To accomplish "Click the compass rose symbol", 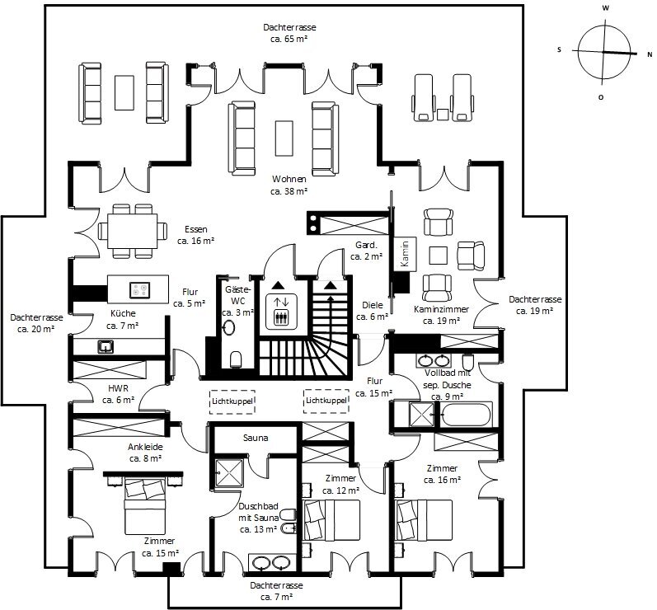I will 606,51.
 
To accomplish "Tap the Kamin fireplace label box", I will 404,254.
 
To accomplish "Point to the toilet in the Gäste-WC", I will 236,358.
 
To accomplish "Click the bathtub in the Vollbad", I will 465,414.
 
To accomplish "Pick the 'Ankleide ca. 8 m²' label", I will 144,452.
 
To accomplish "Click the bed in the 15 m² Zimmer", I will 145,507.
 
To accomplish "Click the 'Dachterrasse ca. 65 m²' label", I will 285,33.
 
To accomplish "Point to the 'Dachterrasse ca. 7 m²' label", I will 276,590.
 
